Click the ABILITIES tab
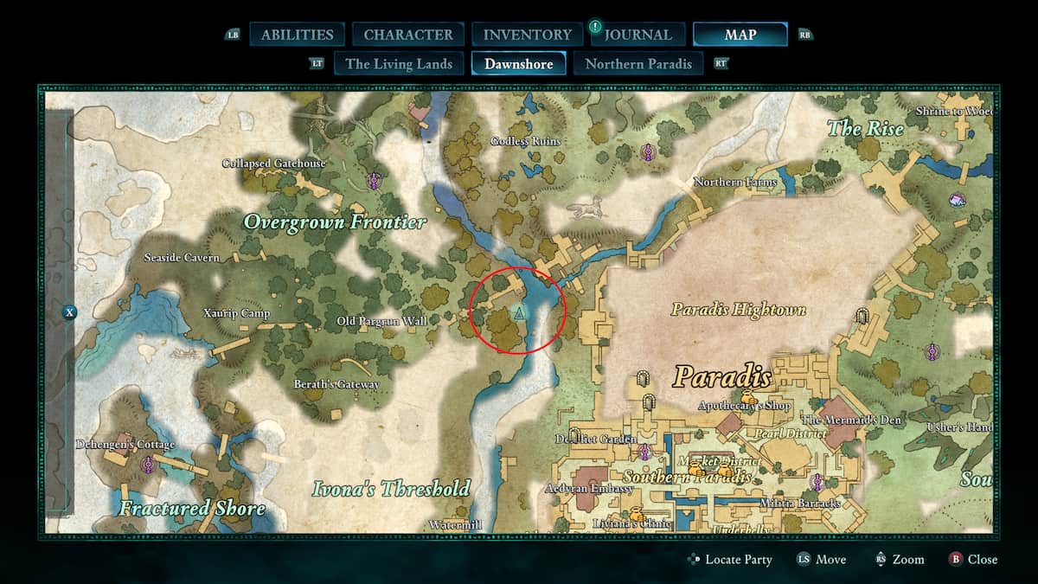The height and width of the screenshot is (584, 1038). tap(297, 35)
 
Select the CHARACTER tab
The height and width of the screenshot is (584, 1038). tap(408, 35)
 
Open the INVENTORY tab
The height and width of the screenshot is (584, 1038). tap(528, 35)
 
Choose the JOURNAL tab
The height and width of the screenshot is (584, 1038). tap(638, 35)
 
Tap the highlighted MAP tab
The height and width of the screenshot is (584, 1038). tap(740, 35)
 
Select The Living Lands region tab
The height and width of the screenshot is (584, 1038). tap(399, 63)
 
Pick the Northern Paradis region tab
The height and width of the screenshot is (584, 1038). tap(638, 63)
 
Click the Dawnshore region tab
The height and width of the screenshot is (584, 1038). tap(518, 63)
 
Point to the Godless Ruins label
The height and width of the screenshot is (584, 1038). tap(525, 141)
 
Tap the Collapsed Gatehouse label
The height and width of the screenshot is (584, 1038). tap(273, 164)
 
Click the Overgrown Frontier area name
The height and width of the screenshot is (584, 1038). tap(335, 222)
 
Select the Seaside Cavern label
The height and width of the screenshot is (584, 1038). tap(182, 258)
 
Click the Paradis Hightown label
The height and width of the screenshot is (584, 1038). tap(739, 309)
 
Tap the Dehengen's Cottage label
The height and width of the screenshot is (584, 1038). tap(125, 445)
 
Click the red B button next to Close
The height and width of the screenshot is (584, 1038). tap(955, 560)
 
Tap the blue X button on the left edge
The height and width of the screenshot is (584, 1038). tap(70, 312)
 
